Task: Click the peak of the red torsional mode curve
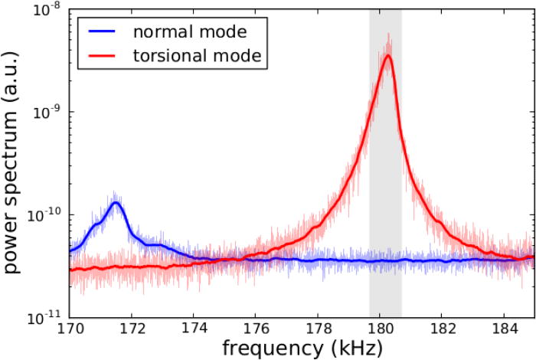point(388,55)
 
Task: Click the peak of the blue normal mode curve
point(116,202)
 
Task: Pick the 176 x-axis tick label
point(256,328)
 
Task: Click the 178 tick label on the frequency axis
point(318,328)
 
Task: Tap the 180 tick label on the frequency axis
point(380,328)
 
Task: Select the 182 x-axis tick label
point(442,328)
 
